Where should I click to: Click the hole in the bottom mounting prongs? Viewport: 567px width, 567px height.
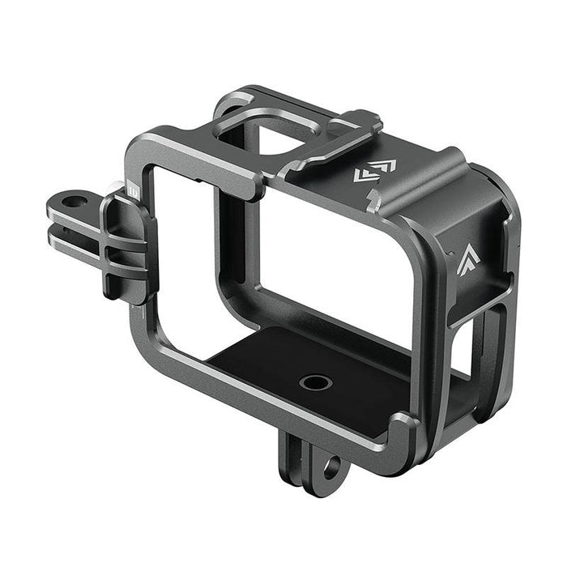tap(330, 468)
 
